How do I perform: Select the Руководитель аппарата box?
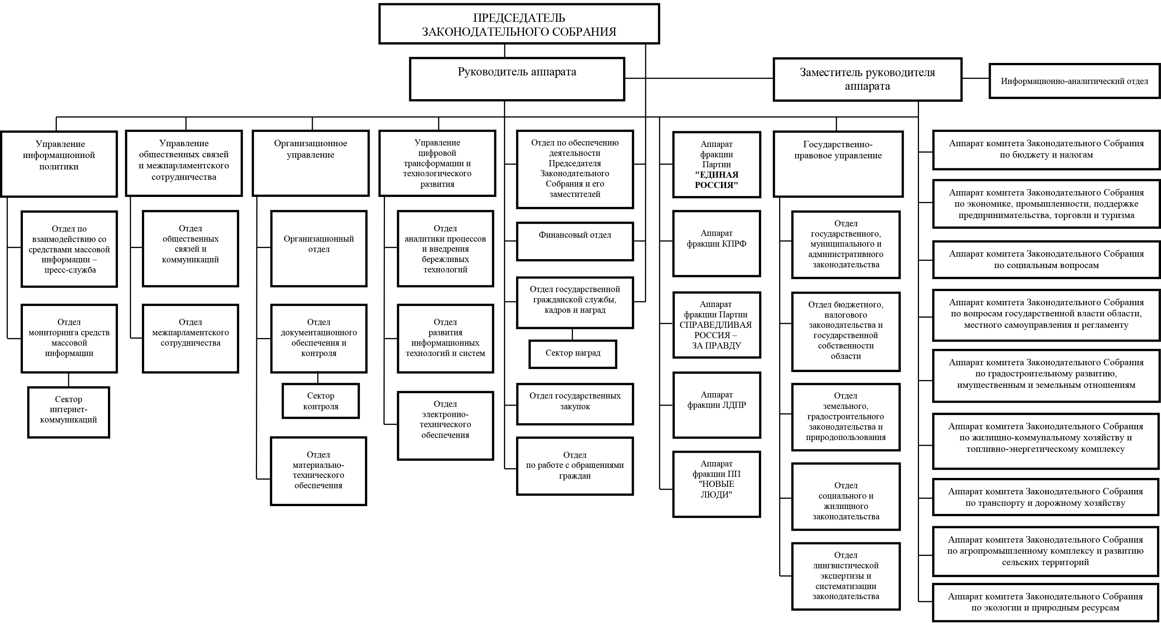pos(517,79)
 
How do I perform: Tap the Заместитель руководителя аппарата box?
pos(867,79)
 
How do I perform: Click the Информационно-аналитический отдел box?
pos(1074,81)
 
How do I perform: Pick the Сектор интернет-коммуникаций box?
pos(69,412)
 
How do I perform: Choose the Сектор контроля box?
pos(320,401)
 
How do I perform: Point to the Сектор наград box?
pos(573,354)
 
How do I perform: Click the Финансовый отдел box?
pos(575,241)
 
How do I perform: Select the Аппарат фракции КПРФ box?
pos(717,243)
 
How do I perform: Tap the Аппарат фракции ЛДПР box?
pos(717,405)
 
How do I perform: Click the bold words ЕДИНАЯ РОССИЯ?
pos(717,179)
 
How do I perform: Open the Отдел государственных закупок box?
pos(575,404)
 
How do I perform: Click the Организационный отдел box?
pos(318,248)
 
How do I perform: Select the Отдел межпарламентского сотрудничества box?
pos(190,338)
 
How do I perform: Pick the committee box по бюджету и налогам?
pos(1046,150)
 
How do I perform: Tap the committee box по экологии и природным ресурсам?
pos(1046,603)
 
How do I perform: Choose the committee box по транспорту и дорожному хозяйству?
pos(1046,498)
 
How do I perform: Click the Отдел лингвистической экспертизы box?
pos(846,576)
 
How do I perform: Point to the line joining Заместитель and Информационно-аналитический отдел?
pos(975,78)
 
